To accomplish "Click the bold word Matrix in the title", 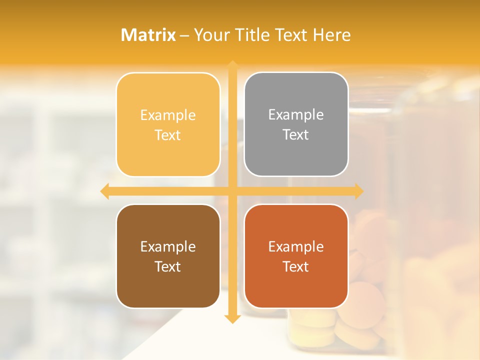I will [x=148, y=35].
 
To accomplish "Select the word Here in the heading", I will [x=331, y=35].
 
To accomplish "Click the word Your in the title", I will [x=210, y=35].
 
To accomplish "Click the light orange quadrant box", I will [x=168, y=124].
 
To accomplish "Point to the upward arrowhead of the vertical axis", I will [x=232, y=65].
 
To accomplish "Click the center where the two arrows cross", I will [x=232, y=191].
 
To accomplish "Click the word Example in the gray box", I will [x=296, y=114].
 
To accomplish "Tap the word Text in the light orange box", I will [x=168, y=135].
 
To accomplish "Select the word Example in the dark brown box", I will [x=168, y=246].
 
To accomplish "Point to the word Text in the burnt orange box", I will [x=296, y=266].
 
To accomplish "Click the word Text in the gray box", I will [x=296, y=134].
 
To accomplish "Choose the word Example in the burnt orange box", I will [x=296, y=246].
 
